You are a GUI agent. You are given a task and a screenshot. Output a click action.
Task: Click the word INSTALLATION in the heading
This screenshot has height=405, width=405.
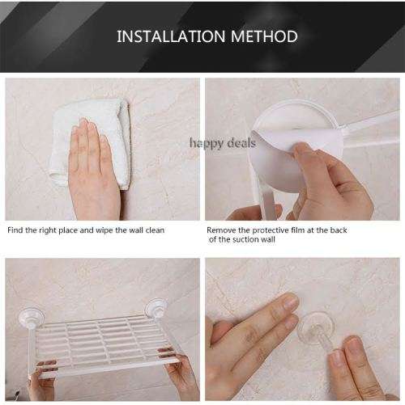click(171, 36)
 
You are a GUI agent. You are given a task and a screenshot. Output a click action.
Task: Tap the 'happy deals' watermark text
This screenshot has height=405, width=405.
click(222, 143)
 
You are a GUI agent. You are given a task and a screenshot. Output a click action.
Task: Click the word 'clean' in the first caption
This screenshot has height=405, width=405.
click(155, 230)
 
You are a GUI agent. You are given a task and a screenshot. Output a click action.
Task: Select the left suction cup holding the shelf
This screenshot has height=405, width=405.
click(32, 319)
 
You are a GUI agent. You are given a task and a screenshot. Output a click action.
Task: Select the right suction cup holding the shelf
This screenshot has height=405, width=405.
click(156, 309)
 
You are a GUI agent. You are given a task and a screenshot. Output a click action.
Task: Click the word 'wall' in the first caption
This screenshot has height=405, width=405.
click(136, 230)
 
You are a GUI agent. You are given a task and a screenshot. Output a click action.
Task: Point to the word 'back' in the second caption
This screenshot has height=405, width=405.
click(339, 230)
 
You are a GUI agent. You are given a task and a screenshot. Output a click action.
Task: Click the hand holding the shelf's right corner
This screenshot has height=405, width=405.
click(180, 374)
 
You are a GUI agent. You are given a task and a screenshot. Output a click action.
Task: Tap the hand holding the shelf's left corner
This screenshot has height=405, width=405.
click(43, 380)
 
